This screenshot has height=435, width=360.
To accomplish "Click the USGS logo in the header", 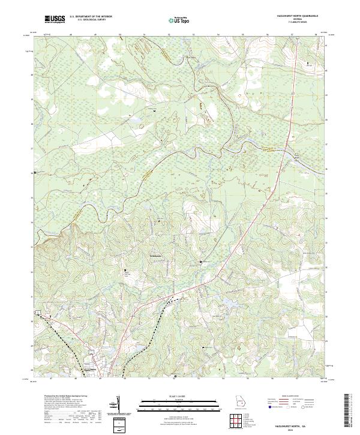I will pos(55,20).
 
